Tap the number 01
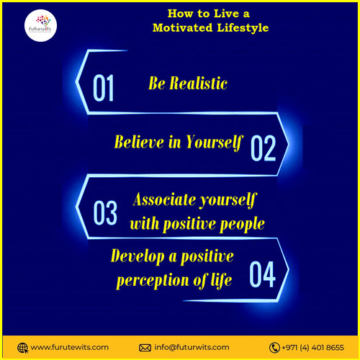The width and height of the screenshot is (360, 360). coord(104,89)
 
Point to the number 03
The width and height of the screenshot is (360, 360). coord(105,213)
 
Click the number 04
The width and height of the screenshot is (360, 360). coord(262,274)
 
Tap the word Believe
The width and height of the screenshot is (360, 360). coord(140,142)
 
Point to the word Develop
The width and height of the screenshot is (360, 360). coord(137,256)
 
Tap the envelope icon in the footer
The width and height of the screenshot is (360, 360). coord(145,347)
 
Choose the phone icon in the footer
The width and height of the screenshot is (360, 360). coord(274,347)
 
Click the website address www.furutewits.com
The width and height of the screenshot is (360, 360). coord(69,347)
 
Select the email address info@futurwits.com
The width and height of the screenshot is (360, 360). coord(192,347)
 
